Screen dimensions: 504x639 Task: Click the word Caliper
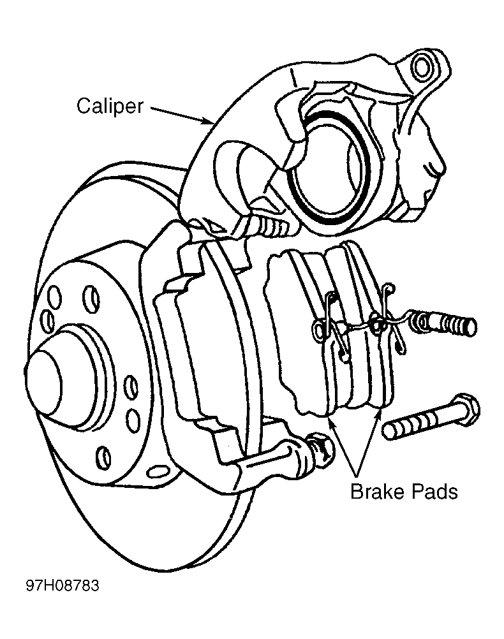(110, 106)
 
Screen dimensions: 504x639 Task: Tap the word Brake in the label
(377, 491)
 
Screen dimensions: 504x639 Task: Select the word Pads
(434, 491)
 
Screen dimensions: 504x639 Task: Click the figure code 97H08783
(63, 585)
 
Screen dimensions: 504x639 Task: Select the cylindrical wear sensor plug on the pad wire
(448, 323)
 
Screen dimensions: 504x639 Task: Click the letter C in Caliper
(84, 106)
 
